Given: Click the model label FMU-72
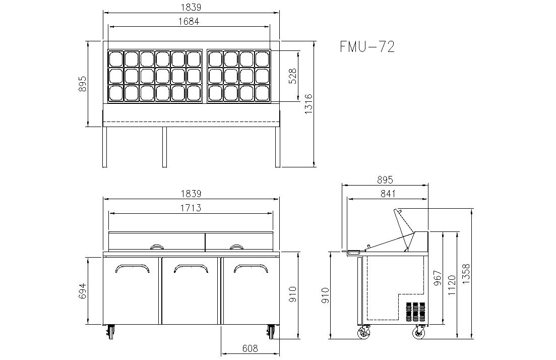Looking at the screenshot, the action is tap(367, 46).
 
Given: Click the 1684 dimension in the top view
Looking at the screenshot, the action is tap(189, 21).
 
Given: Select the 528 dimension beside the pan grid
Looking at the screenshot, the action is tap(293, 76).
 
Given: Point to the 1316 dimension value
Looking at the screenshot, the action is tap(308, 103).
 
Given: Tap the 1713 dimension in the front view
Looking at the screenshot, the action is tap(191, 208).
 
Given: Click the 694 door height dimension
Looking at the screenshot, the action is tap(82, 291).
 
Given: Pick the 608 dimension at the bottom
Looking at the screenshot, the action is tap(250, 348).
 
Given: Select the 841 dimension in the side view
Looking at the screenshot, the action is tap(388, 194).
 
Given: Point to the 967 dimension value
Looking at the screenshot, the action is tap(438, 278).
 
